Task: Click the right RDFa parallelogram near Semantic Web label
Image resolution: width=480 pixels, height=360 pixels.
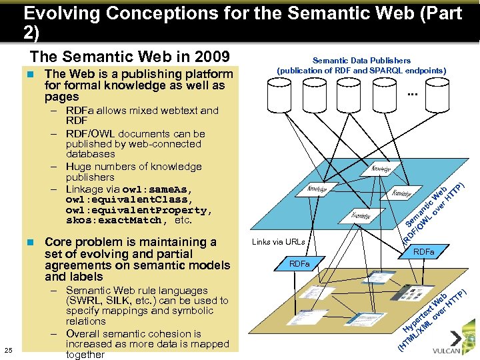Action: pos(423,252)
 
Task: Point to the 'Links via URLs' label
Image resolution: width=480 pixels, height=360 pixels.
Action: pos(279,242)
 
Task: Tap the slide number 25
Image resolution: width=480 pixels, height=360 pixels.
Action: pos(8,349)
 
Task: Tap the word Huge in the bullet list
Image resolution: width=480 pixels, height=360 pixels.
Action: pos(81,167)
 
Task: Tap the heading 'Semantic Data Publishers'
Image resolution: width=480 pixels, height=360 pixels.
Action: pos(362,61)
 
